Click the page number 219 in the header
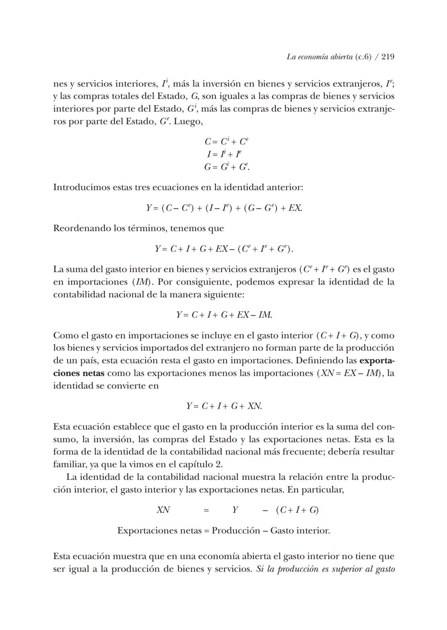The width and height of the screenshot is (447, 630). coord(388,57)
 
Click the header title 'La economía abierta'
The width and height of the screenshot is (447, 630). coord(319,57)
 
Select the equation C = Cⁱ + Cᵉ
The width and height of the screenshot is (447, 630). coord(226,141)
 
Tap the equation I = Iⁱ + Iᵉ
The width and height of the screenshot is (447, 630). coord(224,154)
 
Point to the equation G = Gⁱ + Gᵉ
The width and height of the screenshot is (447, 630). coord(226,167)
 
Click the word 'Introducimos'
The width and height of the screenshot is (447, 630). coord(82,187)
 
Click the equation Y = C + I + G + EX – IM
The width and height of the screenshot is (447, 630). coord(224,315)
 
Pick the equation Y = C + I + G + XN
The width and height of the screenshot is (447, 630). coord(224,406)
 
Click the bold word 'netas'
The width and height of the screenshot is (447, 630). coord(92,373)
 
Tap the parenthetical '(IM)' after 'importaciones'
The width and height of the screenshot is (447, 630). coord(141,282)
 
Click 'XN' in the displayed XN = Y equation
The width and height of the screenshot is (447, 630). coord(163,510)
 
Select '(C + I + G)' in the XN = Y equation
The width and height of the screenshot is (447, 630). coord(297,510)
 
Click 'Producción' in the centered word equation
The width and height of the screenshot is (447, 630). coord(236,531)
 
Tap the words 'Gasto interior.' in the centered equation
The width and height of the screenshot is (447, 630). coord(300,531)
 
